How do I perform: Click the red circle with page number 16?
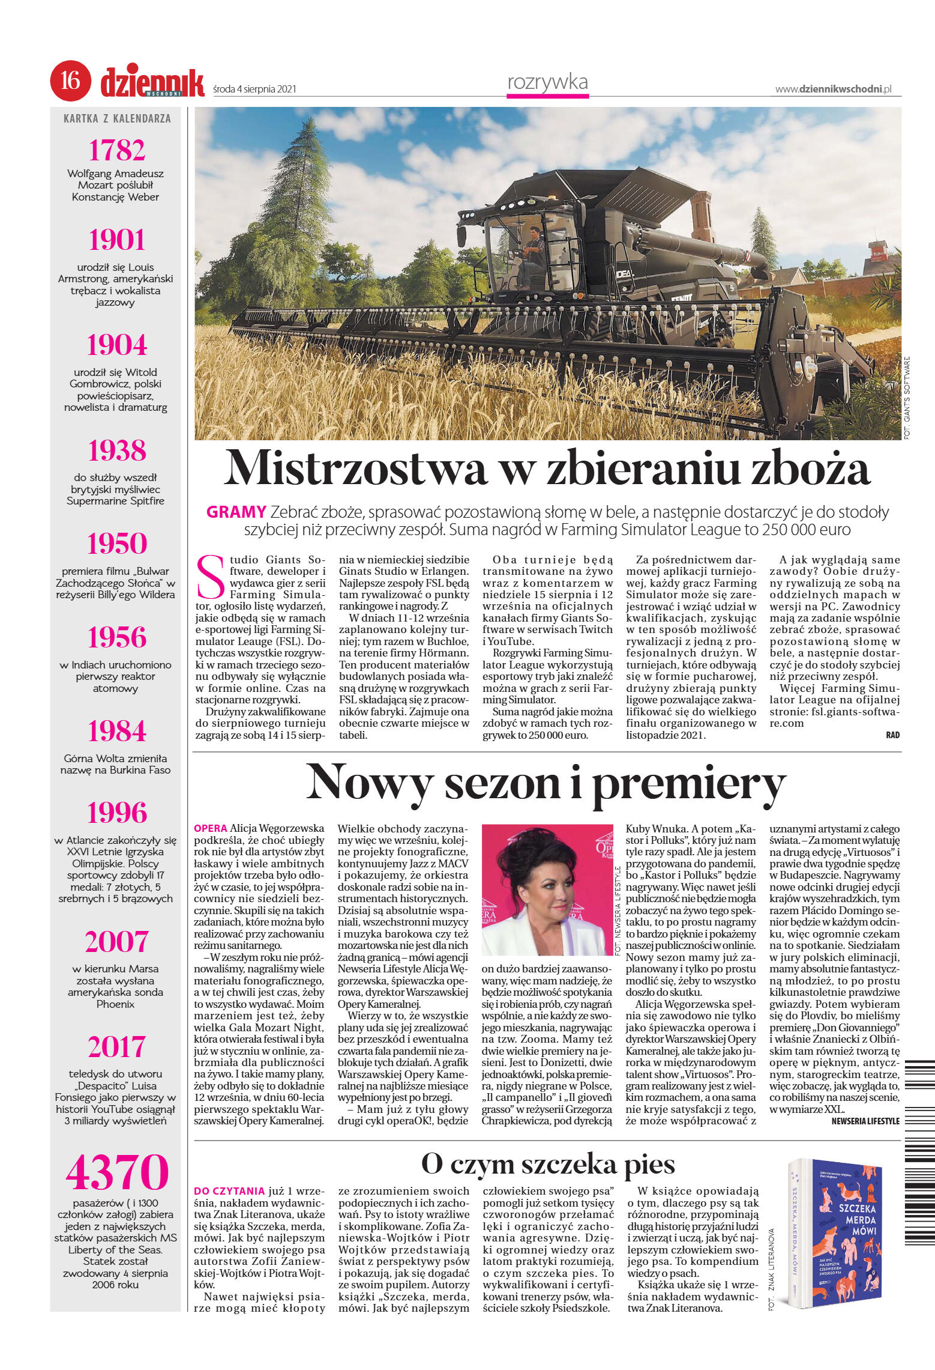pyautogui.click(x=70, y=80)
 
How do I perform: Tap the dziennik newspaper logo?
pyautogui.click(x=152, y=82)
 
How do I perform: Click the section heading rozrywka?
pyautogui.click(x=547, y=82)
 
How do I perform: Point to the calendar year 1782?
pyautogui.click(x=117, y=150)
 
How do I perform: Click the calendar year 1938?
pyautogui.click(x=117, y=450)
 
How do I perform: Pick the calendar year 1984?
pyautogui.click(x=117, y=731)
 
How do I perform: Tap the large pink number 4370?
pyautogui.click(x=117, y=1172)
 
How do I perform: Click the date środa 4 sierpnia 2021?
pyautogui.click(x=255, y=89)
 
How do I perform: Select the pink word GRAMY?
pyautogui.click(x=236, y=512)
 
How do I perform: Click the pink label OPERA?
pyautogui.click(x=210, y=828)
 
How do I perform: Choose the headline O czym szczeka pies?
pyautogui.click(x=547, y=1164)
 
